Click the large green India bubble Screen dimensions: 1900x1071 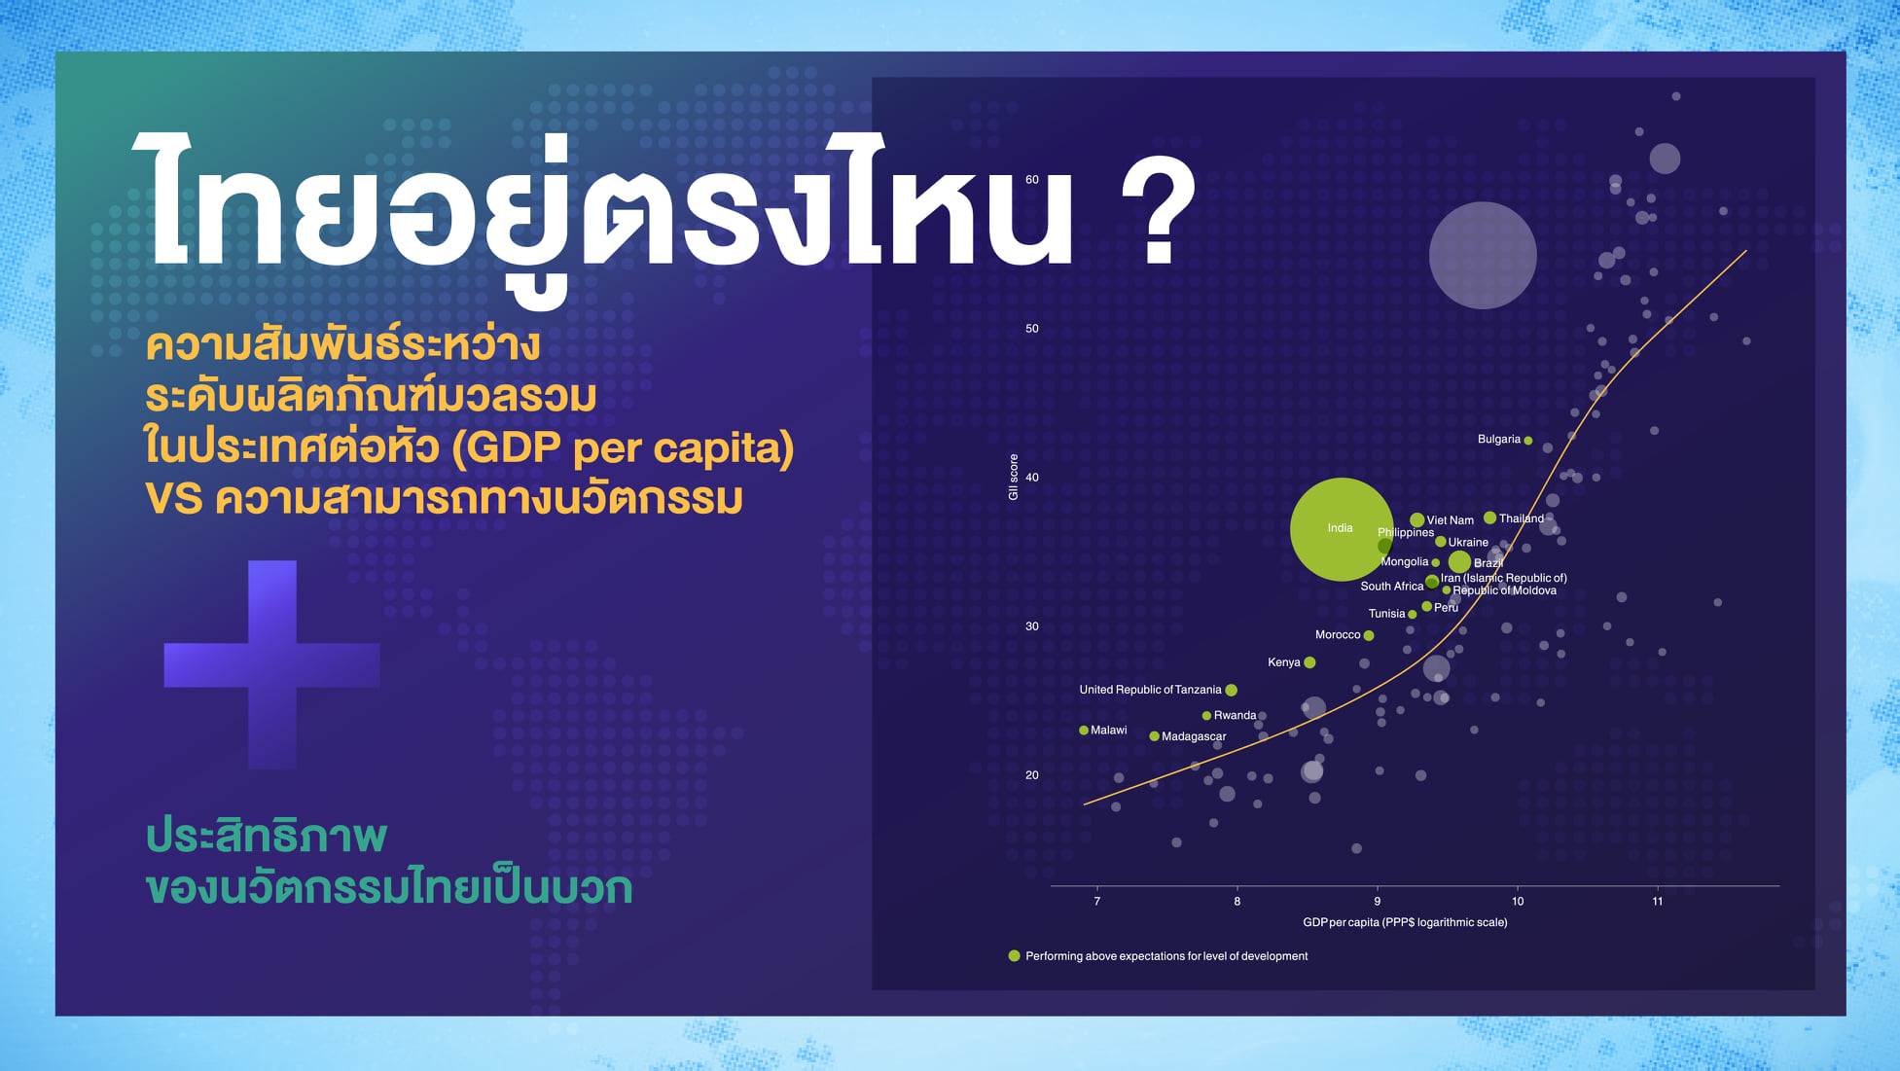(1341, 529)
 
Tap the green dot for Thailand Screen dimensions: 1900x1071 (1489, 518)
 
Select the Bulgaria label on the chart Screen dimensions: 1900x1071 (1498, 440)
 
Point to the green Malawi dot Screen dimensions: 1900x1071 (1084, 731)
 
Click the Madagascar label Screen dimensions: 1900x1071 (1194, 736)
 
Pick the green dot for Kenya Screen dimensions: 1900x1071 (1309, 662)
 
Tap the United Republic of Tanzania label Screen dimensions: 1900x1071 (1150, 690)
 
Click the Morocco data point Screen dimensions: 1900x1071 (1369, 635)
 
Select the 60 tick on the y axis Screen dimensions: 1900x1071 (1031, 180)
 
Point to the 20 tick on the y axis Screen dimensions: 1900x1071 (1031, 775)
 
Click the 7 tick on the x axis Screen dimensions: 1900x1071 (1097, 902)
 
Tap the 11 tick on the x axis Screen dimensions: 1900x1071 (1658, 902)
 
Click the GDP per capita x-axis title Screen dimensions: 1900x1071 (1405, 922)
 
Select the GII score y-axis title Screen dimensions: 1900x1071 (1013, 478)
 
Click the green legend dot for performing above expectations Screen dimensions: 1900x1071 (1014, 956)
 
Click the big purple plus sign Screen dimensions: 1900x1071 (272, 665)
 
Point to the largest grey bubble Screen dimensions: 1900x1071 (1483, 256)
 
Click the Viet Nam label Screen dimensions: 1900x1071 (1450, 520)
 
